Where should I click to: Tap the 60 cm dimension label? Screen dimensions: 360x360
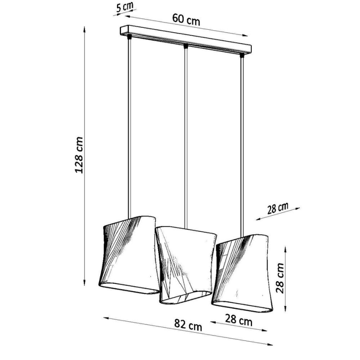point(186,19)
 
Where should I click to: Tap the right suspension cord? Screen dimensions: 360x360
point(242,141)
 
